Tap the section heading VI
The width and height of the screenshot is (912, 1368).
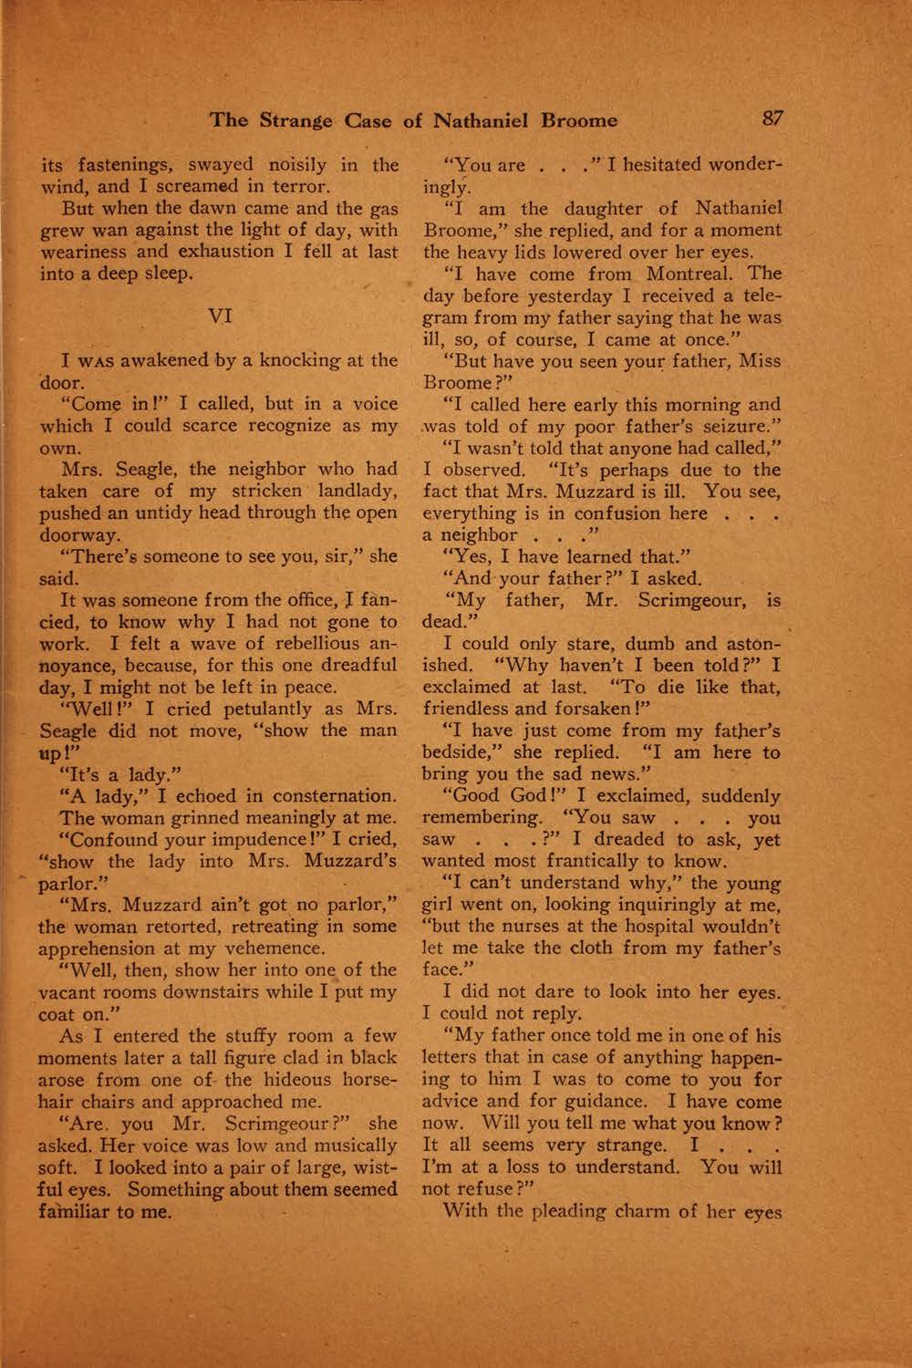pyautogui.click(x=221, y=316)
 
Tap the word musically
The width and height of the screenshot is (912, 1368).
pyautogui.click(x=347, y=1145)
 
